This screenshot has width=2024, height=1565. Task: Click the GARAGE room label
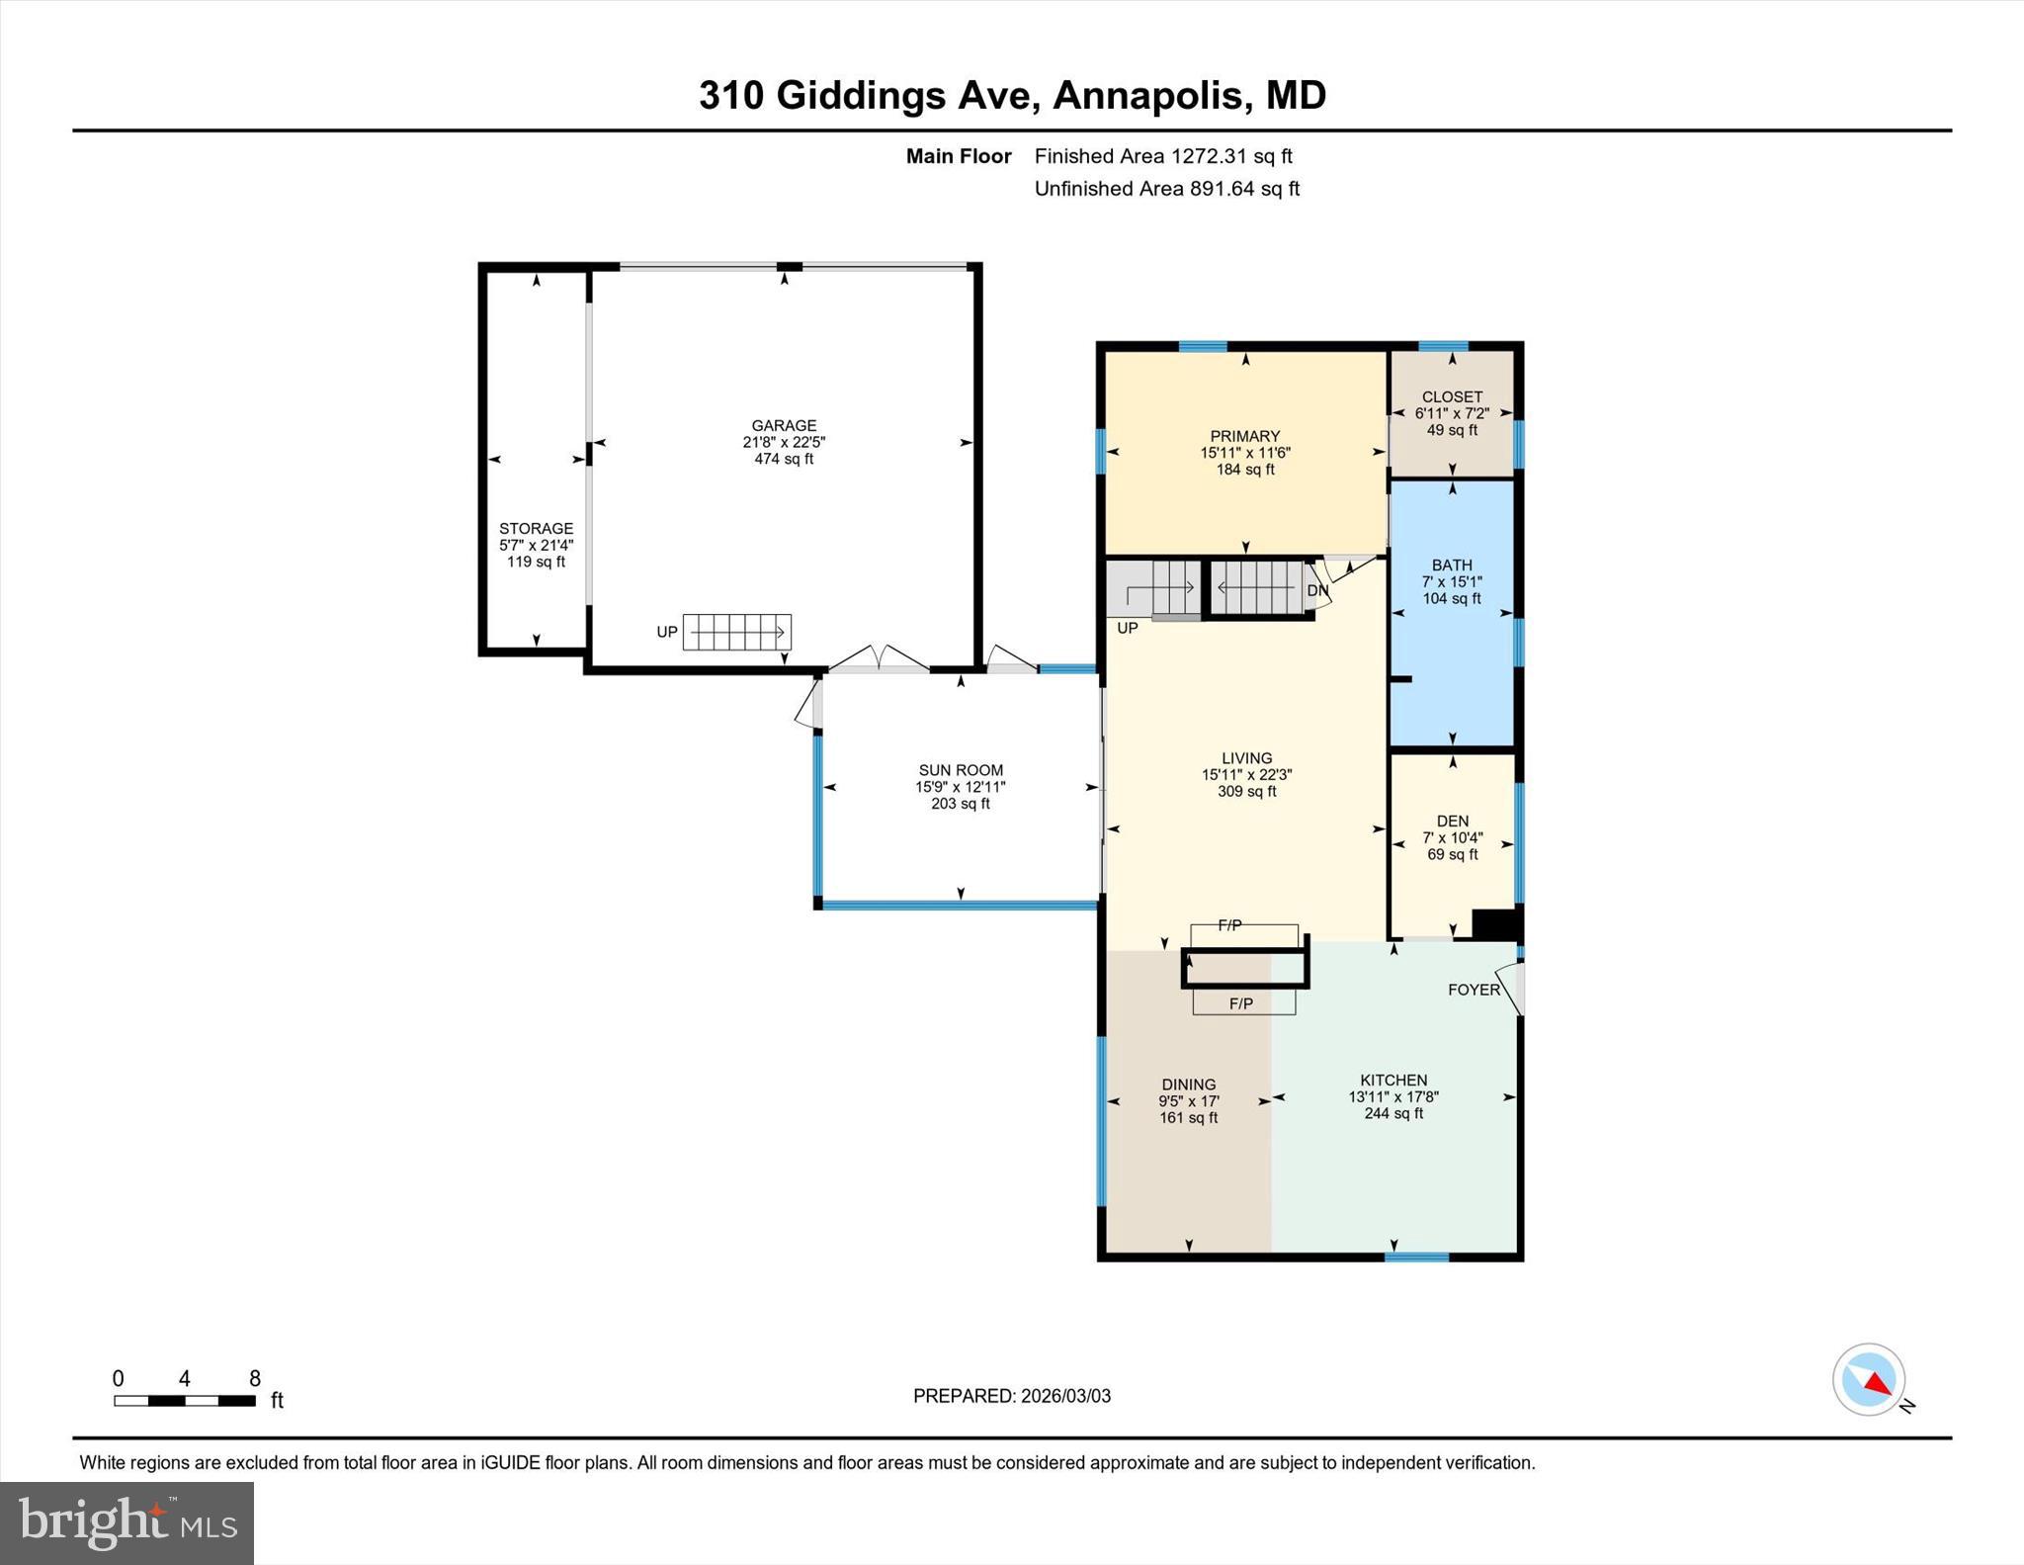click(784, 426)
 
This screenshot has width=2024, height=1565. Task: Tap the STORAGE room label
click(536, 529)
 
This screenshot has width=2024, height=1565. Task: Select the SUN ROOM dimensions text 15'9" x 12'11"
click(960, 787)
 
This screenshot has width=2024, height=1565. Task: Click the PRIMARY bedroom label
click(1244, 436)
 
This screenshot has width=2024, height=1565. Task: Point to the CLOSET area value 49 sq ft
click(1452, 430)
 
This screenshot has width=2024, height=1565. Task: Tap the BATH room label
click(1452, 565)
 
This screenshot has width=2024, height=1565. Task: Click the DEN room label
click(1452, 821)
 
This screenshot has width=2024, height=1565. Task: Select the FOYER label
click(1474, 990)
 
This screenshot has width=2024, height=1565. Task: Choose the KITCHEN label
click(1393, 1081)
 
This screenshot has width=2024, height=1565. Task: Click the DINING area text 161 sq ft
click(1188, 1118)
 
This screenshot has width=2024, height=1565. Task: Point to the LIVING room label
click(1246, 758)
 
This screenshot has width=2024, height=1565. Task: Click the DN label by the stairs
click(1317, 590)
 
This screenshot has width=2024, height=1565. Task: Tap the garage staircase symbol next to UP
click(736, 632)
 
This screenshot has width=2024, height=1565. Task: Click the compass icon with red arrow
click(1869, 1379)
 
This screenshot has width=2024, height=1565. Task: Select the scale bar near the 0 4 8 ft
click(184, 1400)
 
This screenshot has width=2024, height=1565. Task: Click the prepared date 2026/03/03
click(1065, 1396)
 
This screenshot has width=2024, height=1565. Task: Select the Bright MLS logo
click(126, 1522)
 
